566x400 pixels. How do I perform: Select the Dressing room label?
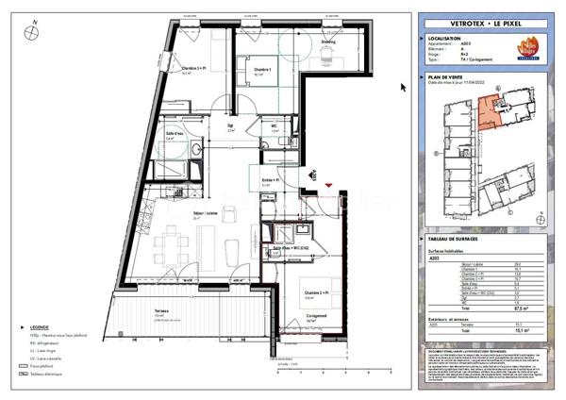pyautogui.click(x=327, y=42)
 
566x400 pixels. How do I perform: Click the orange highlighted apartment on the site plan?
pyautogui.click(x=491, y=112)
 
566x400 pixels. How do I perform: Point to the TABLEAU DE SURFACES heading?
pyautogui.click(x=457, y=238)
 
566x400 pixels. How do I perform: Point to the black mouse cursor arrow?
pyautogui.click(x=404, y=88)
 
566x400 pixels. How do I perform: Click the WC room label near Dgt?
pyautogui.click(x=274, y=125)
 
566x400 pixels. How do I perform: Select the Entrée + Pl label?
pyautogui.click(x=266, y=179)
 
